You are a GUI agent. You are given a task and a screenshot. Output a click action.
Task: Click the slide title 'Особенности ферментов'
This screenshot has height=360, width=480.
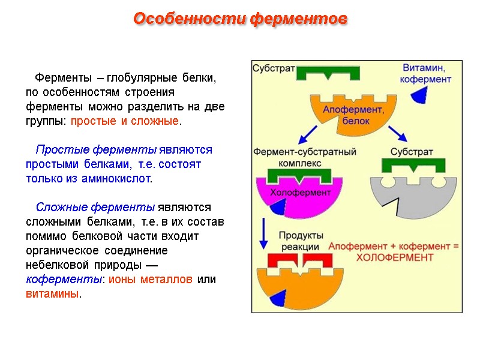click(240, 19)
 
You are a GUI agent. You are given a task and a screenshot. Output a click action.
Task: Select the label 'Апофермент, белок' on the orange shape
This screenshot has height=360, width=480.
click(353, 114)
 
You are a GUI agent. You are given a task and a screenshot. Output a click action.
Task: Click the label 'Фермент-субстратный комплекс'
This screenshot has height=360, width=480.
click(305, 157)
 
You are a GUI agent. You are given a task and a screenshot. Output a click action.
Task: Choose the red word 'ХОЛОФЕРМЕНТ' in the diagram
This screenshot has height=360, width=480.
click(395, 257)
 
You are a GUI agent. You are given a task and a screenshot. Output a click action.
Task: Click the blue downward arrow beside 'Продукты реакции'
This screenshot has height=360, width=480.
click(263, 234)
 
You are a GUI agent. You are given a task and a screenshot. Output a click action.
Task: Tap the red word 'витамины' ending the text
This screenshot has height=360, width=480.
click(52, 295)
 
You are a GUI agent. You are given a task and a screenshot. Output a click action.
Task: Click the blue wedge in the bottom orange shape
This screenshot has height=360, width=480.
click(278, 298)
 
